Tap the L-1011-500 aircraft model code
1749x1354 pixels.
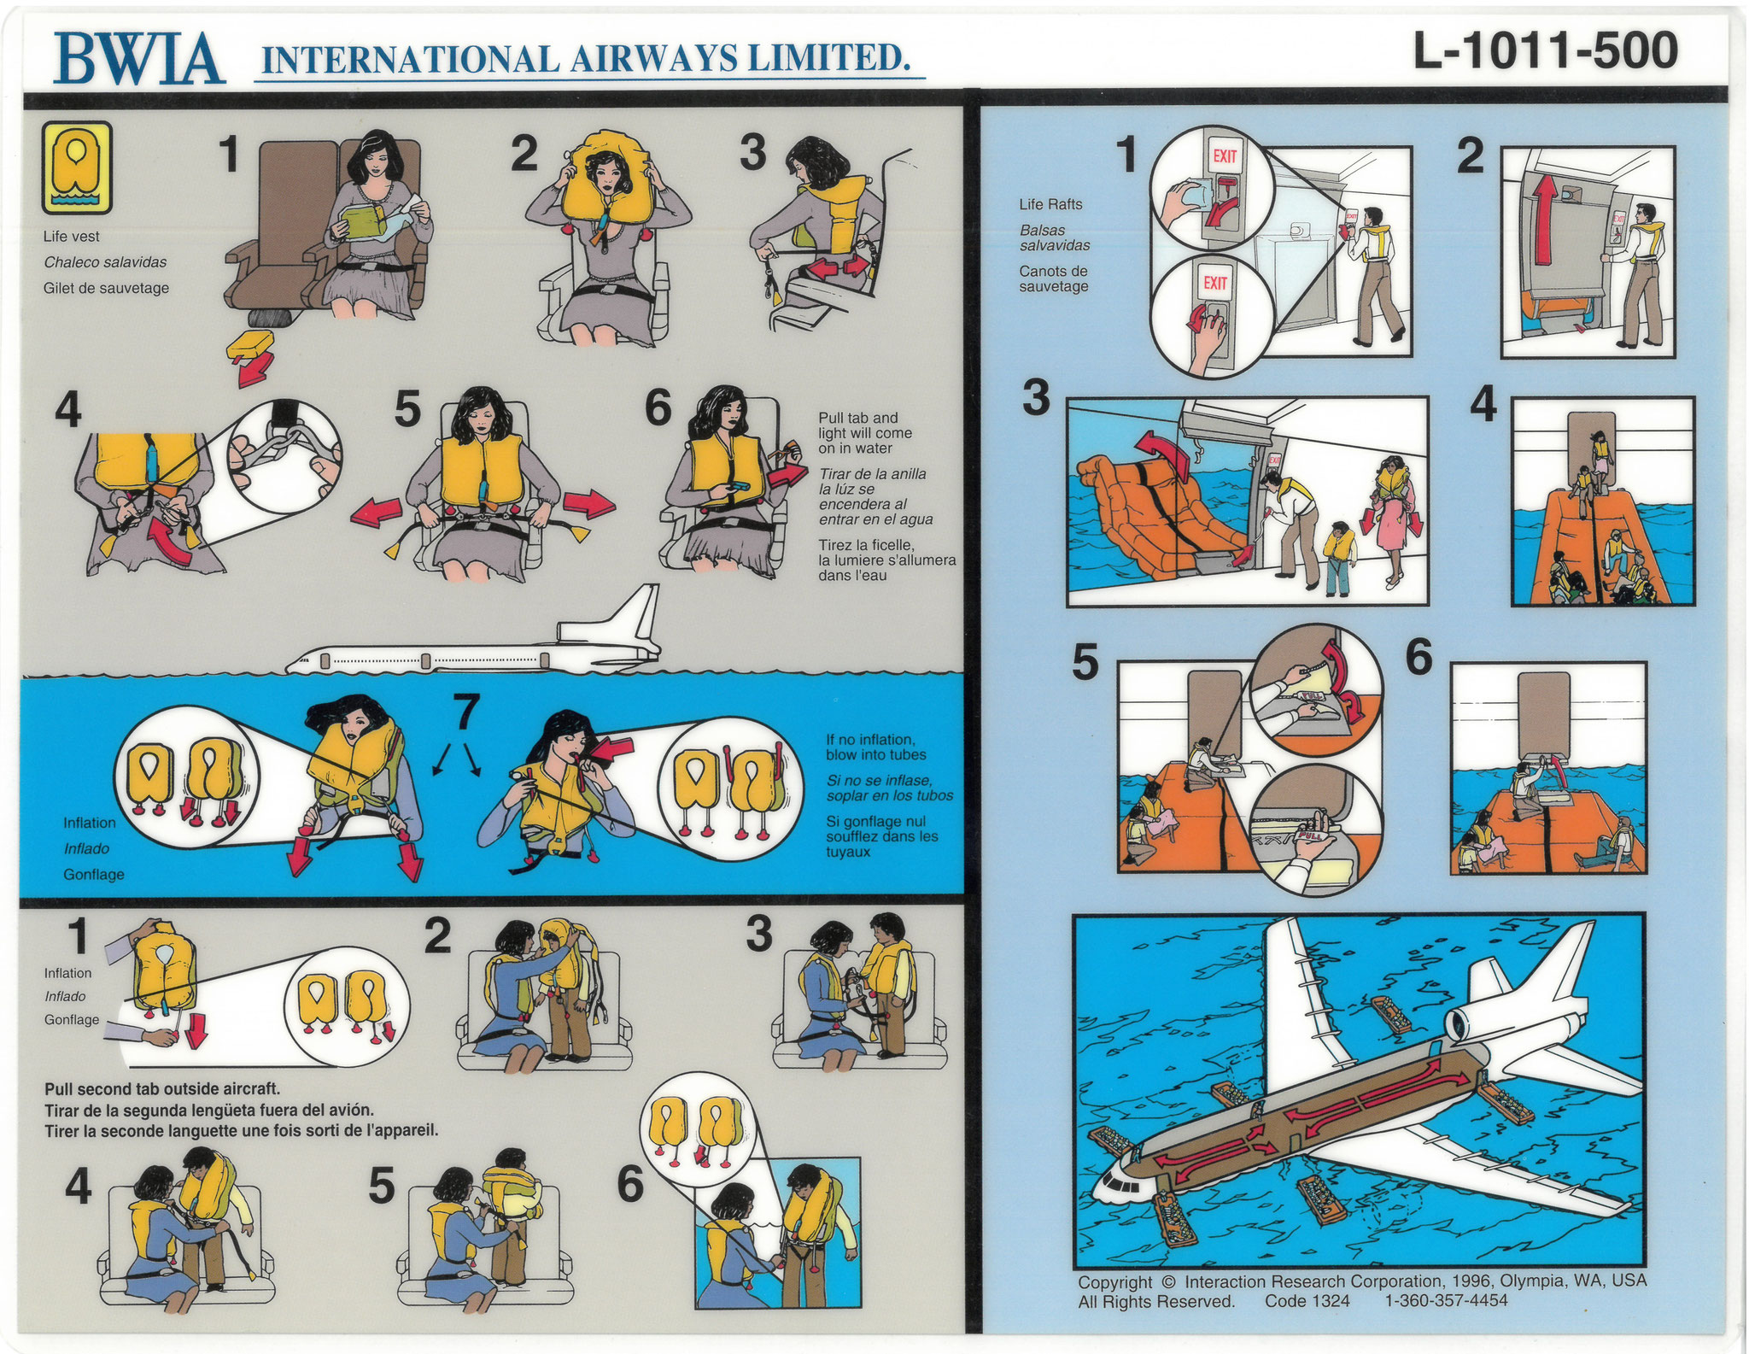pos(1546,51)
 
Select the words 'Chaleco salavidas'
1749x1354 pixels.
pos(106,262)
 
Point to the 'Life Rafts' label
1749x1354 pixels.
pos(1050,204)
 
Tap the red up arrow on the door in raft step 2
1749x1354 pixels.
pos(1546,218)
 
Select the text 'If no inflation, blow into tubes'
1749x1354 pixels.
pos(875,747)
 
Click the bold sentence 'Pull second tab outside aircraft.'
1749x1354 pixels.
pos(162,1089)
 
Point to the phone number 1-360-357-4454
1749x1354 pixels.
pos(1446,1301)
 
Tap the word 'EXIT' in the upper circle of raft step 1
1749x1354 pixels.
pos(1225,156)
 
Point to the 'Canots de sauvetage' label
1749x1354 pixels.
pos(1053,278)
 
